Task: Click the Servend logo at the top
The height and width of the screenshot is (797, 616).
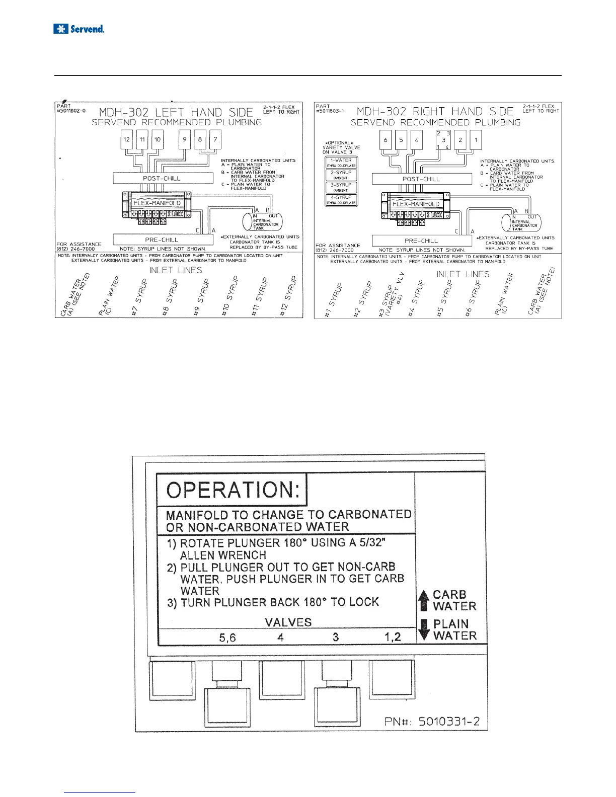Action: pos(79,29)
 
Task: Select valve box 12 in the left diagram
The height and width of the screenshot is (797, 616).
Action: pos(127,139)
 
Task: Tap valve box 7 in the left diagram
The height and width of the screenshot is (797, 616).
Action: pos(215,139)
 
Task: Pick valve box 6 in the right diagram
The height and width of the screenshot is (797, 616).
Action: pos(386,140)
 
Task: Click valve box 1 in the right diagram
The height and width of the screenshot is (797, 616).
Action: pos(476,140)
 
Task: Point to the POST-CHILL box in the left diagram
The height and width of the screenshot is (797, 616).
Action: pos(162,178)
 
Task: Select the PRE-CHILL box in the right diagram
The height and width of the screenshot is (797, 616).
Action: pos(421,241)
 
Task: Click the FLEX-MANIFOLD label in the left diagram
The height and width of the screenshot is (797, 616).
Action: pos(157,203)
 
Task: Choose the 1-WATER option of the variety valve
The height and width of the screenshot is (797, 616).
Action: pos(341,162)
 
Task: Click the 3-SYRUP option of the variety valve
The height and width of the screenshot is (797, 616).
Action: pos(341,187)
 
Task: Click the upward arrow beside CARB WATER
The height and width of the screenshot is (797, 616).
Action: pos(424,600)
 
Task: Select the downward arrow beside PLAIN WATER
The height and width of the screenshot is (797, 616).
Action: pos(424,630)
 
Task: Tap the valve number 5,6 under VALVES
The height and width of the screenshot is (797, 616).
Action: pos(227,637)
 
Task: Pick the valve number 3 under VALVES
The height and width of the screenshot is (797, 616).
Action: pos(336,637)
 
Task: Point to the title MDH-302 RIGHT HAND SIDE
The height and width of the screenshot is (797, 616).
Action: pos(435,111)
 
